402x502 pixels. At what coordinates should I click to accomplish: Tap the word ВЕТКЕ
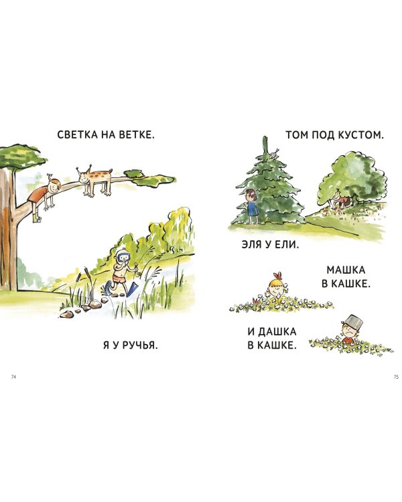137,135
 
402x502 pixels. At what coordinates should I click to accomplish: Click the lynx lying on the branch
96,180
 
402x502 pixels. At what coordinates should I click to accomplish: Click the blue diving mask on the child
121,256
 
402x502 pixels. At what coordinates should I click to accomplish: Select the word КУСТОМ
362,135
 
